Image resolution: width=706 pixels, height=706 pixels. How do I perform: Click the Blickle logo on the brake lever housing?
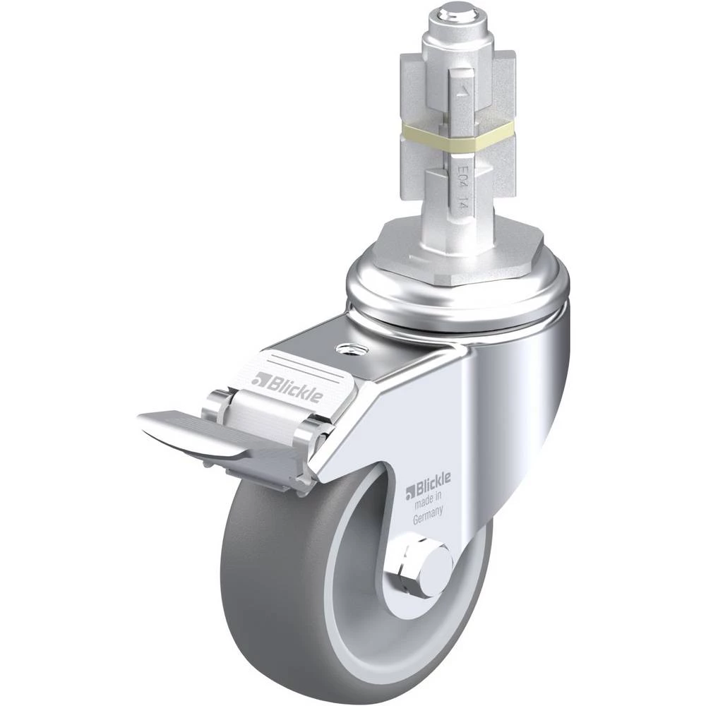tap(287, 385)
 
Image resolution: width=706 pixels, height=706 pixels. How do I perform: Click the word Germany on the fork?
tap(428, 515)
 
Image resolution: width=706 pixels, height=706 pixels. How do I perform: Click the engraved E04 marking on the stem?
tap(462, 174)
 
